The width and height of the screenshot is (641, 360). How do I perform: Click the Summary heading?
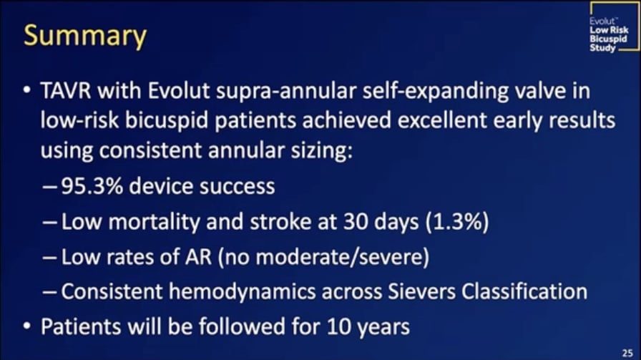[85, 35]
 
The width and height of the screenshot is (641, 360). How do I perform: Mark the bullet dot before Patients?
[26, 326]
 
